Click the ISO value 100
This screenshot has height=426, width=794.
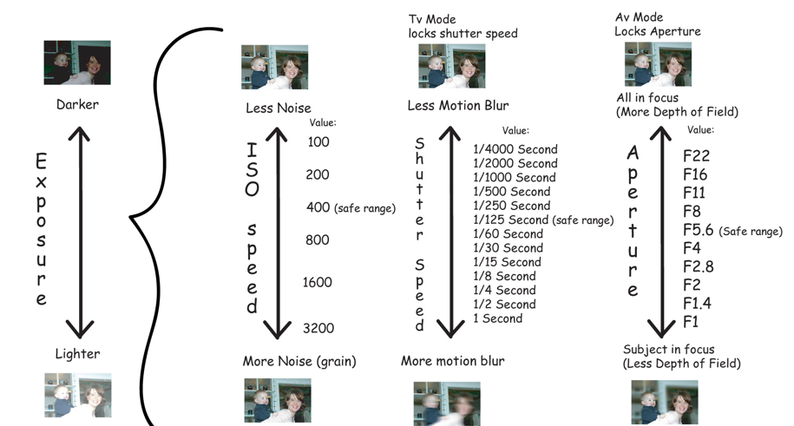point(318,142)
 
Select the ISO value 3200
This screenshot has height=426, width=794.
point(318,328)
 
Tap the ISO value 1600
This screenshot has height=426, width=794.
point(318,282)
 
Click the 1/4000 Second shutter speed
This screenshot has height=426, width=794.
point(515,149)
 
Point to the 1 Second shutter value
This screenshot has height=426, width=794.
point(498,318)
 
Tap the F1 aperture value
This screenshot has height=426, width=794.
point(692,323)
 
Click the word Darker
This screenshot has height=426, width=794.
point(77,104)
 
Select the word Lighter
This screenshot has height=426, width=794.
point(76,354)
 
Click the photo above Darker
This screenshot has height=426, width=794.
point(77,62)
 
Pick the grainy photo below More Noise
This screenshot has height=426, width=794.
point(277,400)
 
